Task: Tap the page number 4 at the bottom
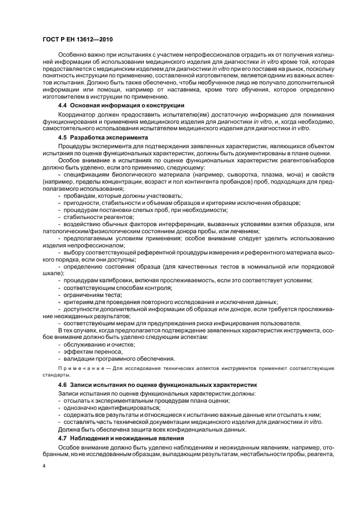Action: pyautogui.click(x=44, y=466)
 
